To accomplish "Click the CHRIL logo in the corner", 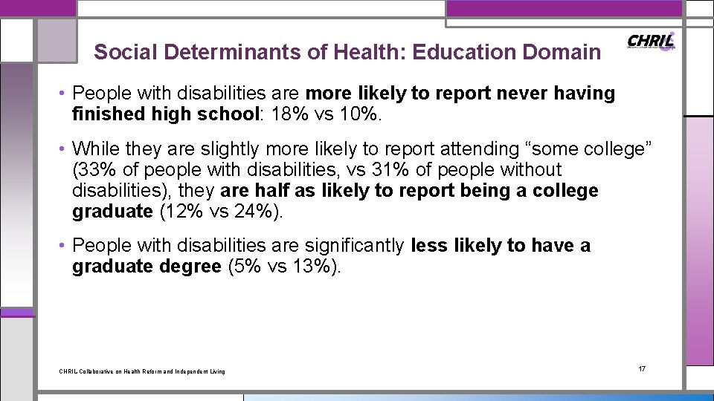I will click(x=652, y=42).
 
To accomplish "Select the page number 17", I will click(x=642, y=369).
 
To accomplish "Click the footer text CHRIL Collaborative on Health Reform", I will click(x=141, y=371).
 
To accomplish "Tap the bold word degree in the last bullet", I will click(x=190, y=267).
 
